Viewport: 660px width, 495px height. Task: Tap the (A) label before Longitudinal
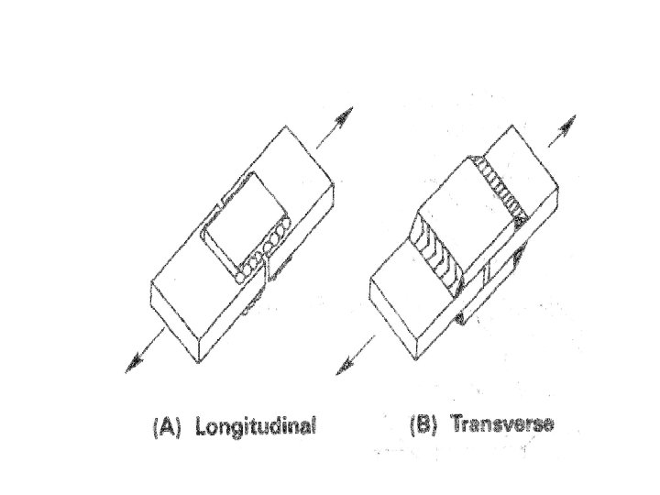(x=165, y=427)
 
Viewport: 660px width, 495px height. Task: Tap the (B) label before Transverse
(x=423, y=427)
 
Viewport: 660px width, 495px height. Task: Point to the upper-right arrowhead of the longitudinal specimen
(x=345, y=116)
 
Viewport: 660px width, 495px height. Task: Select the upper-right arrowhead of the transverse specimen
(x=568, y=122)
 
